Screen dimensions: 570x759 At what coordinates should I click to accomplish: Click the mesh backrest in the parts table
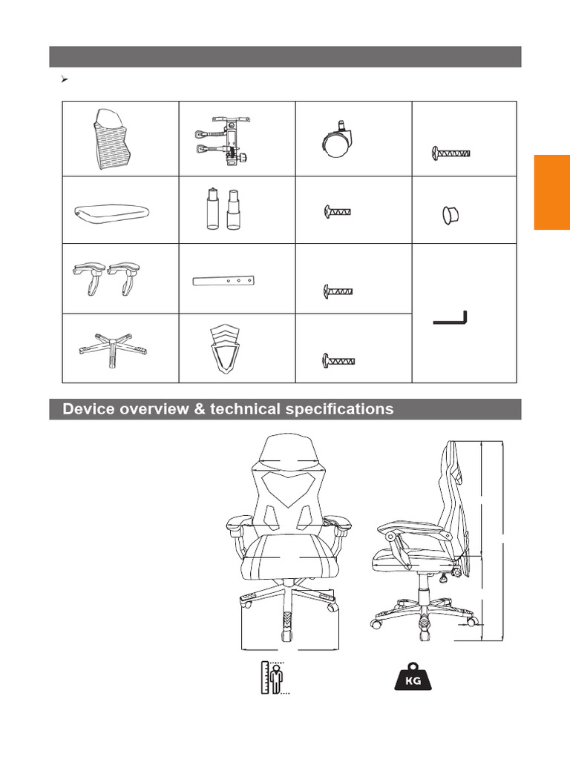tap(114, 139)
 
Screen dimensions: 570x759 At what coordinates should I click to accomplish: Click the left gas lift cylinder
tap(212, 208)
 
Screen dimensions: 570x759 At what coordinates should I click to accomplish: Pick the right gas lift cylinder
tap(233, 210)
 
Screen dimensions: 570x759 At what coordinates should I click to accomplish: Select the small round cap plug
tap(451, 216)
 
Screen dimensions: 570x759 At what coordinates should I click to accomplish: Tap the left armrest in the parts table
tap(89, 278)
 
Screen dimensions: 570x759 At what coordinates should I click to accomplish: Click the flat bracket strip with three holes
tap(223, 281)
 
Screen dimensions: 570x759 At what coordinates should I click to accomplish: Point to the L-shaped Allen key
tap(451, 318)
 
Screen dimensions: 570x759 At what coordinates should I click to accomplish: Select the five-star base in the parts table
tap(113, 350)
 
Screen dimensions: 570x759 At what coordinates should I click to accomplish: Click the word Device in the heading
tap(89, 409)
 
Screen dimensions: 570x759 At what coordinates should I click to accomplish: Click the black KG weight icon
tap(413, 677)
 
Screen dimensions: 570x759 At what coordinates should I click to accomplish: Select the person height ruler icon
tap(275, 677)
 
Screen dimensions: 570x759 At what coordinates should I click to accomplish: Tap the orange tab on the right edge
tap(552, 192)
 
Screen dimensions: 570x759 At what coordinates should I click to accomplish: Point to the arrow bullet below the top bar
tap(64, 79)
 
